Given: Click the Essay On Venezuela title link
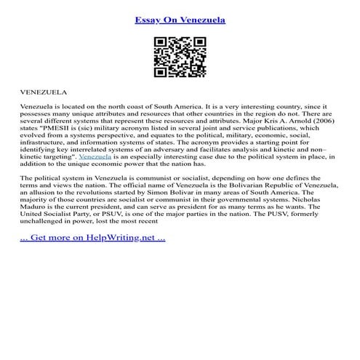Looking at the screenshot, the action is [180, 20].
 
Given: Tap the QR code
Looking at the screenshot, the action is [180, 57].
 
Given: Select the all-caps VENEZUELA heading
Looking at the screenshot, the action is [44, 93].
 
